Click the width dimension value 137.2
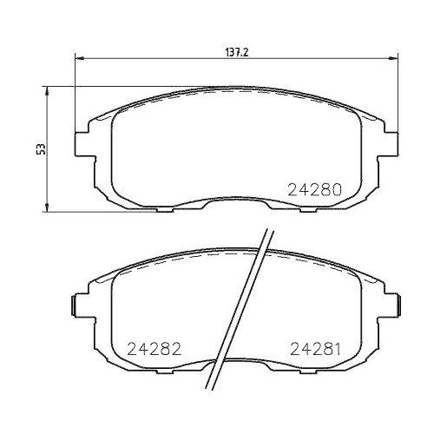(237, 51)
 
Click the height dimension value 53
(39, 148)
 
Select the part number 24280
(315, 188)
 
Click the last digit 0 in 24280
(339, 188)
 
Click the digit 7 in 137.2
(237, 51)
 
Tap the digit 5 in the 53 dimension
(39, 151)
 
